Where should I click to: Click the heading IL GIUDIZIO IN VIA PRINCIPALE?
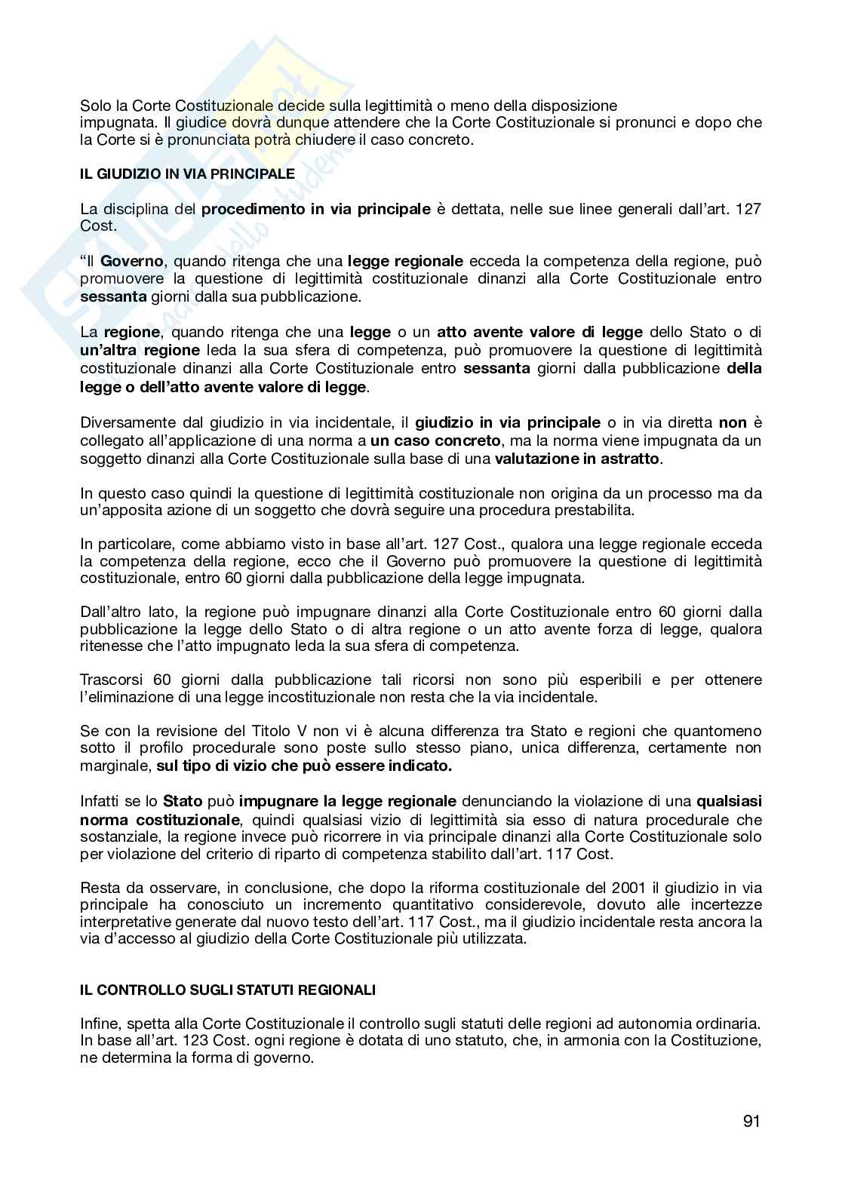click(187, 173)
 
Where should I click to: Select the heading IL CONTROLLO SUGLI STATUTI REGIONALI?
click(228, 990)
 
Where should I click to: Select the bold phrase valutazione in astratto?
click(577, 458)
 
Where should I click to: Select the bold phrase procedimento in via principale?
click(316, 209)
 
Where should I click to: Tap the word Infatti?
click(100, 801)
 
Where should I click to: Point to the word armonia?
click(588, 1041)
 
